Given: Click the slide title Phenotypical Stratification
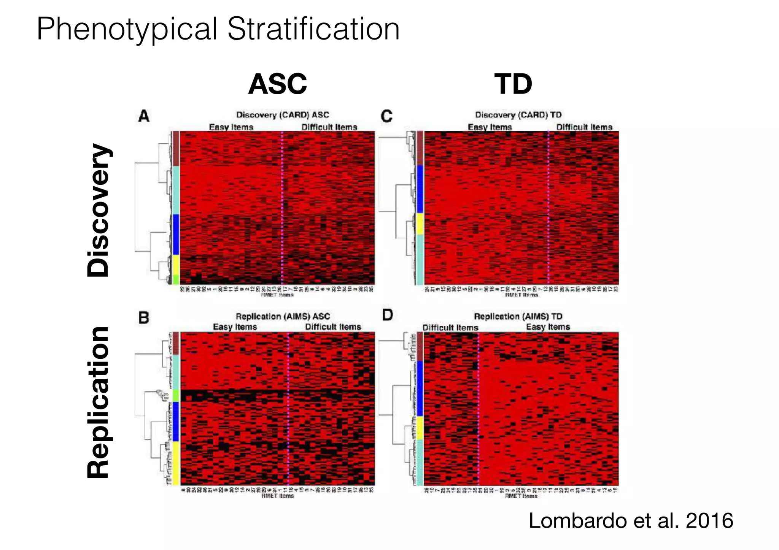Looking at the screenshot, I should click(x=218, y=29).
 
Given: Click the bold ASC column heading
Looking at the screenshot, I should click(x=277, y=84).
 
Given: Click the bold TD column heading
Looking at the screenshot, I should click(x=513, y=84).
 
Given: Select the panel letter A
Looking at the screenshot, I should click(x=144, y=116).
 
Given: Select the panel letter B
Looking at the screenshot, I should click(x=144, y=317).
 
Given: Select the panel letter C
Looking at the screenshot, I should click(x=386, y=116).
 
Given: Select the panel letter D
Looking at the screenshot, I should click(x=387, y=315).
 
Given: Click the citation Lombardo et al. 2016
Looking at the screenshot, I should click(x=631, y=520).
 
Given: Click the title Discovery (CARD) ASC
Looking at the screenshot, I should click(x=282, y=115).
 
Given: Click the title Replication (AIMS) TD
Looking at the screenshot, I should click(x=518, y=316).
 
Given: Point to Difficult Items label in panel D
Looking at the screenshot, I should click(x=450, y=328).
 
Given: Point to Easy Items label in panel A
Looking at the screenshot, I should click(x=231, y=127).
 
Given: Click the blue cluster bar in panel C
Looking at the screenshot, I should click(x=420, y=189).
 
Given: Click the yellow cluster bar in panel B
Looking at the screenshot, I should click(x=176, y=463).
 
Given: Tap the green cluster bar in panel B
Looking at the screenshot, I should click(x=176, y=396).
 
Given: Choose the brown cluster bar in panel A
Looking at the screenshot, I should click(x=176, y=148).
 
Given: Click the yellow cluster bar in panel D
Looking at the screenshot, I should click(x=420, y=428).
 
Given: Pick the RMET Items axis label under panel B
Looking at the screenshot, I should click(x=277, y=496).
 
